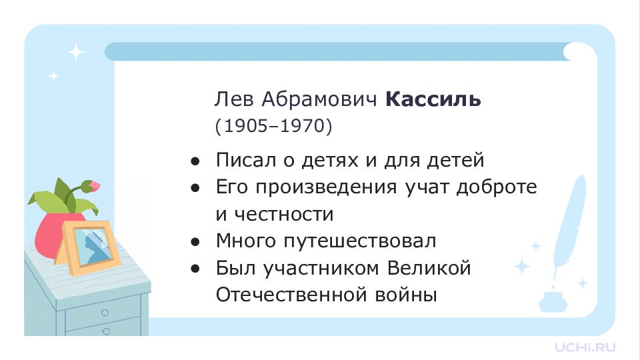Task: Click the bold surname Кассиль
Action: (433, 99)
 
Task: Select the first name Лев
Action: (234, 99)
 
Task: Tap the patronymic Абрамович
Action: (319, 99)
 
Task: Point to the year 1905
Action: (245, 126)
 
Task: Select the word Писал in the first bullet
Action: (246, 159)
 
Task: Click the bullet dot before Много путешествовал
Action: (195, 242)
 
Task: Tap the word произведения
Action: (326, 187)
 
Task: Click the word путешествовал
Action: (359, 241)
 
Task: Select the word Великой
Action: (429, 268)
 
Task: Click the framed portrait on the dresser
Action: (91, 247)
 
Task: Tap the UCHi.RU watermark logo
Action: (585, 347)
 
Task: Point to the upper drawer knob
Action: (105, 313)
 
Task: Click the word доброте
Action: (496, 187)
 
